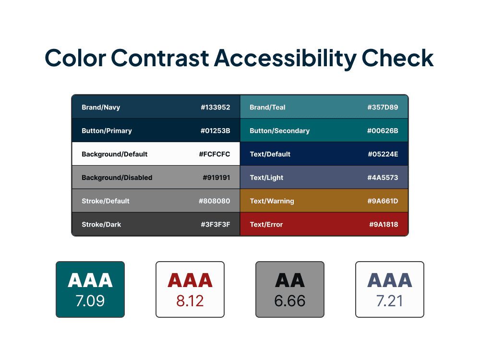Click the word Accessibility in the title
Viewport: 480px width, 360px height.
pos(285,59)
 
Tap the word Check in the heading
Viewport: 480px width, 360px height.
pos(397,59)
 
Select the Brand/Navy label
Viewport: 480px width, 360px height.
pos(101,108)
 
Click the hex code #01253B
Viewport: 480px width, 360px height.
pos(215,131)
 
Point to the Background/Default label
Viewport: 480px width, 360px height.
pos(115,154)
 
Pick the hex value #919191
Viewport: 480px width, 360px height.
pos(216,178)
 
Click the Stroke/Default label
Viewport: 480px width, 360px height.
pos(106,201)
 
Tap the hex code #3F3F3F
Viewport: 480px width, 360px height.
pos(215,225)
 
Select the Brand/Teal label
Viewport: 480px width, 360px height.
pos(267,108)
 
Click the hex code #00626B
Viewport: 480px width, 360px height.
pos(383,131)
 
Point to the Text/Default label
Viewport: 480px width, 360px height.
pos(270,154)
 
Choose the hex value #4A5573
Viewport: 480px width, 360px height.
pos(383,178)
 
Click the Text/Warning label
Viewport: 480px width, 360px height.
pos(272,201)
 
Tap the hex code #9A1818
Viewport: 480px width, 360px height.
pos(384,225)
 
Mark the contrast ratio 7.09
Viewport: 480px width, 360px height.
pos(90,301)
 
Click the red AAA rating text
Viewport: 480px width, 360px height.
pos(190,280)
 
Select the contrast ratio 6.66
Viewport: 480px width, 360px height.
pos(290,301)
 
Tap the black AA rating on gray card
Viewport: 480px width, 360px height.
pos(290,280)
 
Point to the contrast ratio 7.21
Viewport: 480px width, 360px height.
pos(390,301)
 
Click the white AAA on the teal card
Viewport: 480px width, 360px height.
pos(90,280)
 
